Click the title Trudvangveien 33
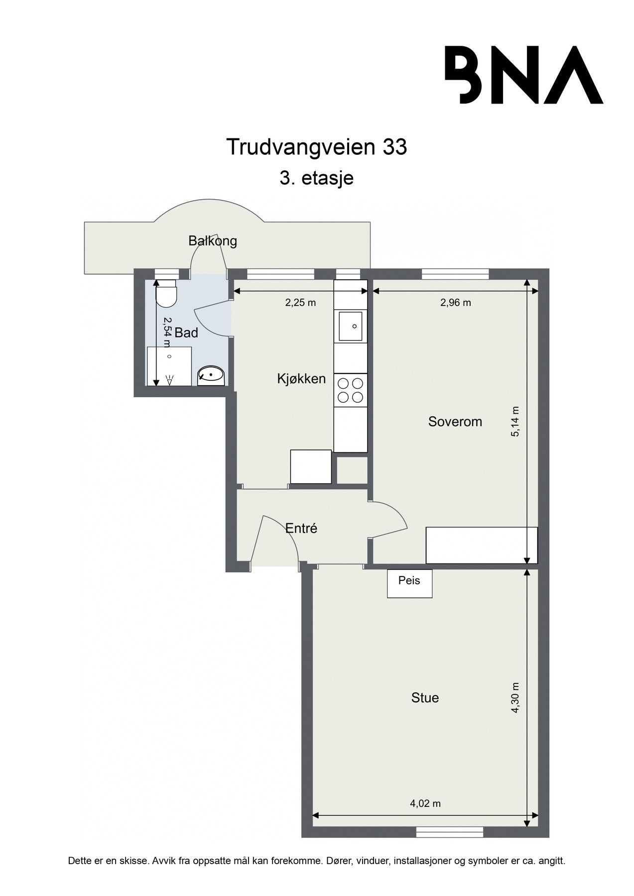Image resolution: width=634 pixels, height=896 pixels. click(x=317, y=147)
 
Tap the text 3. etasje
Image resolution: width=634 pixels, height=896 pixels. click(x=317, y=178)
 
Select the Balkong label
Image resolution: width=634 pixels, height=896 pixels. click(x=212, y=241)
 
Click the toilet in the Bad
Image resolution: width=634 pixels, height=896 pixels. click(x=165, y=294)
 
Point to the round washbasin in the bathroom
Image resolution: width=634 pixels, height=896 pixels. click(x=211, y=375)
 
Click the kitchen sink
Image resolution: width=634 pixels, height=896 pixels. click(x=351, y=326)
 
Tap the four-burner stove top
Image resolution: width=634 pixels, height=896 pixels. click(x=351, y=390)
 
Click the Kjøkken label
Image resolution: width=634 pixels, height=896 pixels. click(x=301, y=379)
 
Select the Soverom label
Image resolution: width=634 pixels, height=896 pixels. click(x=455, y=422)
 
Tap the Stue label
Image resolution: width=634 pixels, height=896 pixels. click(x=425, y=698)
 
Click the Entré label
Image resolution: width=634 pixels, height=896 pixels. click(x=301, y=529)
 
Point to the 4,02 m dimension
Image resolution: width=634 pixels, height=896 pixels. click(x=426, y=803)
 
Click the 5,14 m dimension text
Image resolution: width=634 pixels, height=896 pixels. click(x=515, y=422)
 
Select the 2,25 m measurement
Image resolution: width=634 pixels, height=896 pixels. click(x=300, y=303)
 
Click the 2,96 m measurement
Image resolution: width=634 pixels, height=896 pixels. click(x=455, y=303)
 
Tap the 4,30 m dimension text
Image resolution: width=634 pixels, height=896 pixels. click(x=515, y=698)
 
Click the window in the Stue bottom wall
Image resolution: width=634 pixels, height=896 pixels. click(x=450, y=832)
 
